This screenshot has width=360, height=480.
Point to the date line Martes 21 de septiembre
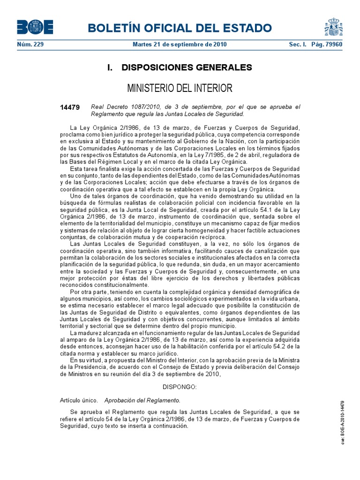coord(180,45)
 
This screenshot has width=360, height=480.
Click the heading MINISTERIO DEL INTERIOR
coord(180,88)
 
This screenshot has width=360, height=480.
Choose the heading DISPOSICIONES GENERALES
coord(180,67)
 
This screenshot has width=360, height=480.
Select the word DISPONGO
coord(180,388)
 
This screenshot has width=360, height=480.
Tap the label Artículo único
coord(79,400)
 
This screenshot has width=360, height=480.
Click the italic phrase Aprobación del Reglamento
coord(142,400)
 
